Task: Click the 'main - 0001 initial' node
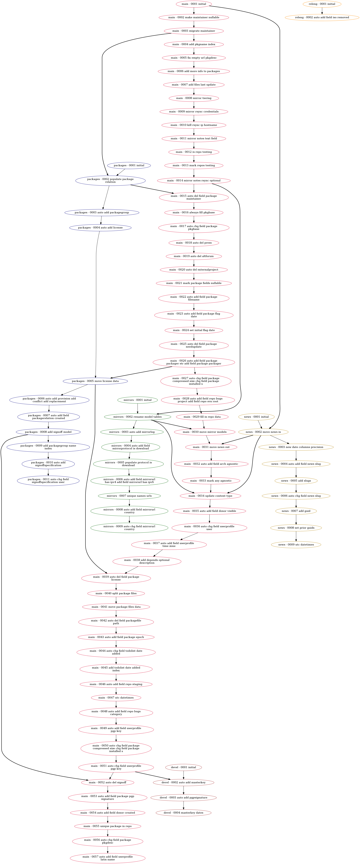point(194,4)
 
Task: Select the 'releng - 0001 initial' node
point(322,4)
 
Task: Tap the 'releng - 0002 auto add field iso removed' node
point(322,17)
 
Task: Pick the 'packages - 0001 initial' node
point(129,165)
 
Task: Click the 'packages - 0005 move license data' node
point(95,381)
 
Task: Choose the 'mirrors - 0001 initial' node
point(138,400)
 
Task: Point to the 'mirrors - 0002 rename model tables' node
point(138,417)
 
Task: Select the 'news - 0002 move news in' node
point(263,432)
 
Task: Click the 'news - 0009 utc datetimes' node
point(296,545)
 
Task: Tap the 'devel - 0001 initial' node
point(184,767)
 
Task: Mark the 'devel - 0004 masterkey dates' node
point(184,813)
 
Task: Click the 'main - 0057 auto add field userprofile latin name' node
point(108,858)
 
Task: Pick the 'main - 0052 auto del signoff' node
point(108,782)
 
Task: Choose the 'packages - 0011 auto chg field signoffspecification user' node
point(48,481)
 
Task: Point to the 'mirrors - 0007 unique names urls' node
point(129,496)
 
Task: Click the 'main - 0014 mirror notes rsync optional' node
point(194,181)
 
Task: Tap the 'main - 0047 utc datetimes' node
point(116,698)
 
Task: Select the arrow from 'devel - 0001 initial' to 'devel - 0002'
point(184,775)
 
